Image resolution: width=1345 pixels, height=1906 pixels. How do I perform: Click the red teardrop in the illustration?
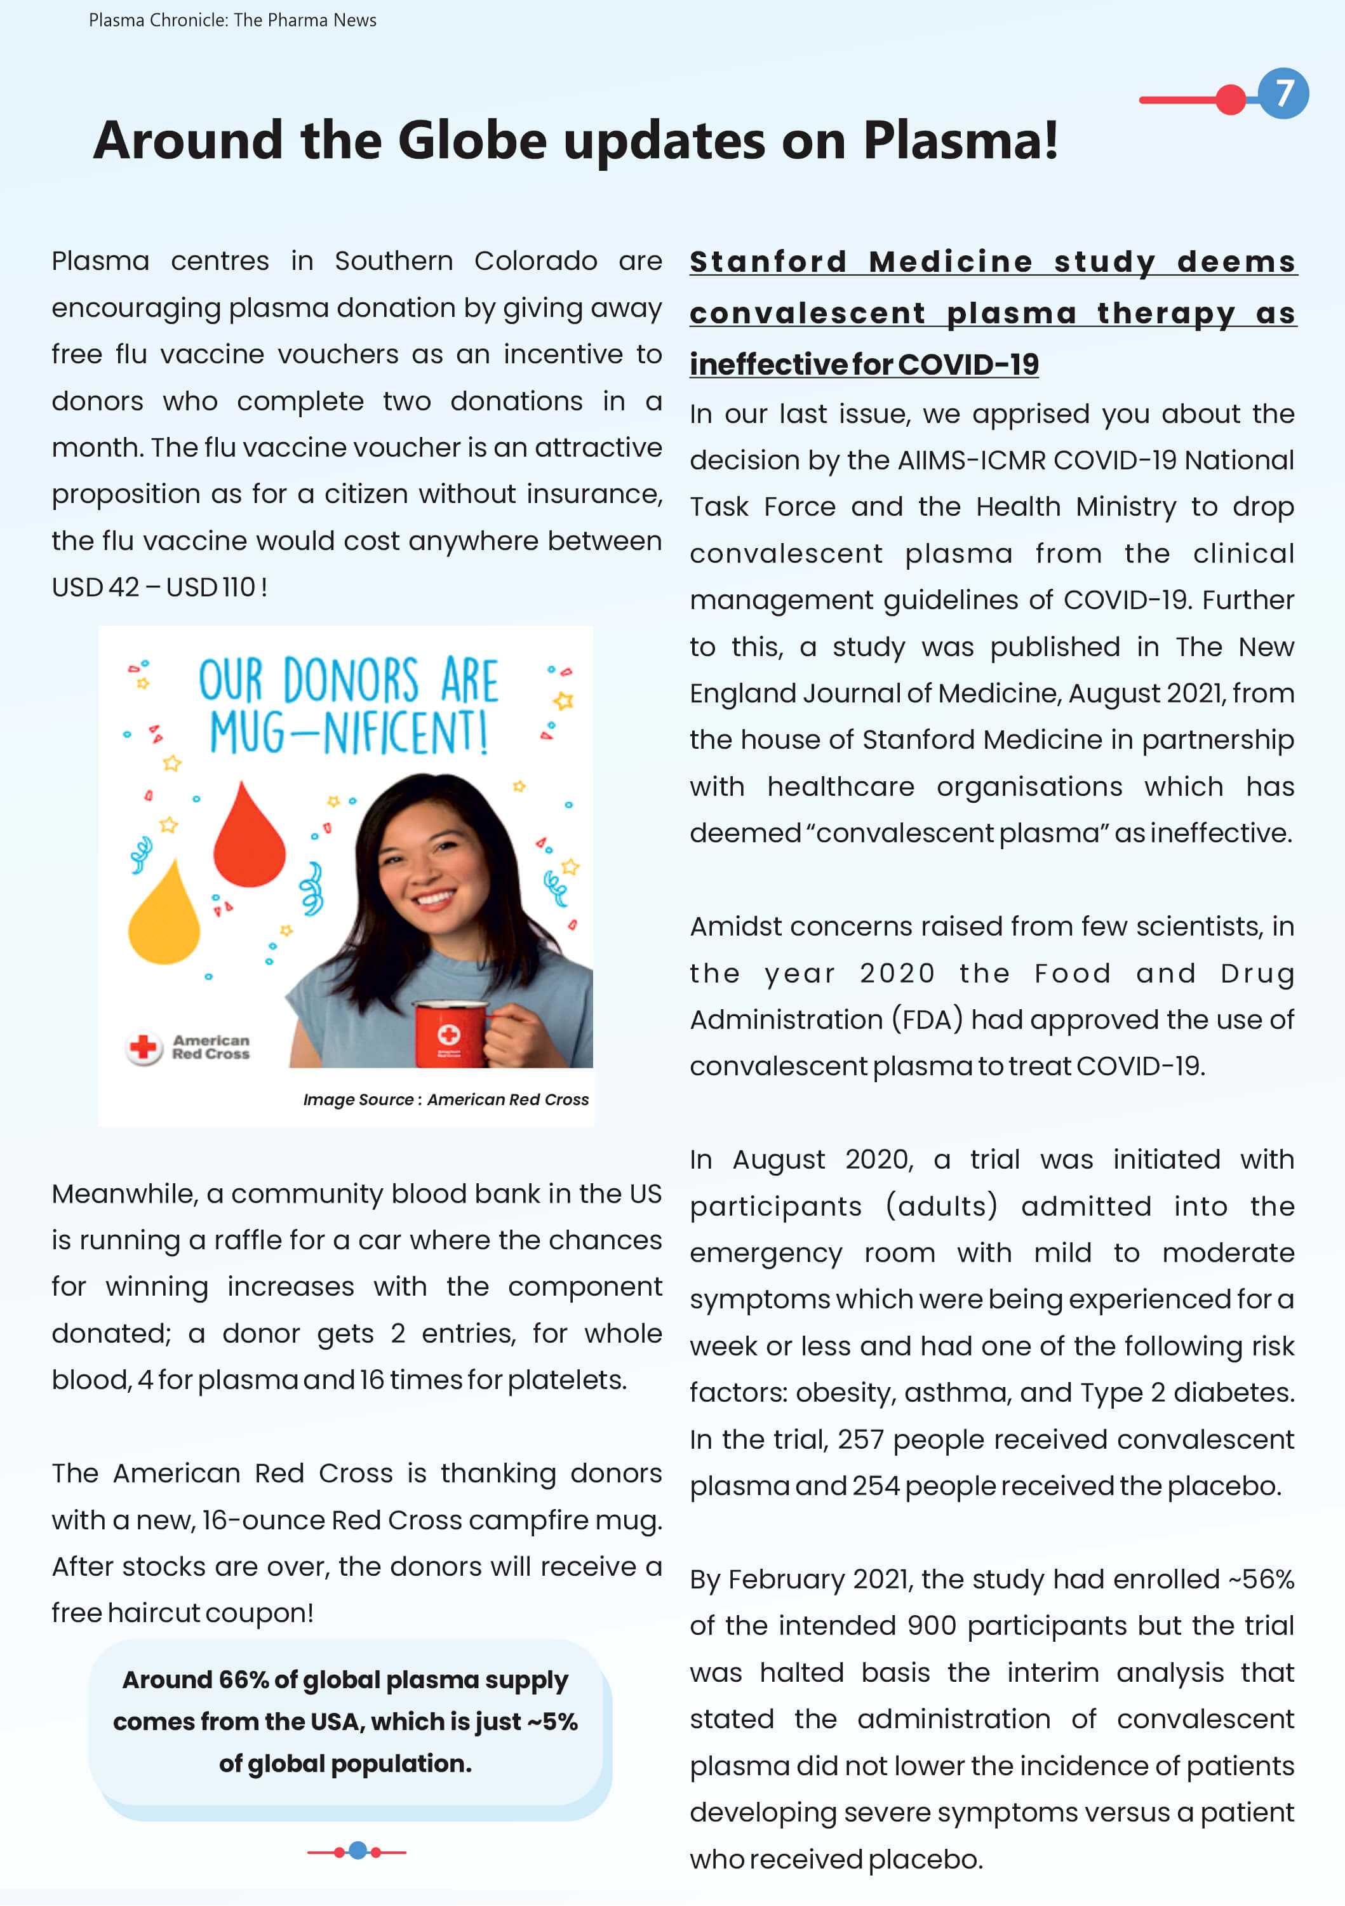(248, 838)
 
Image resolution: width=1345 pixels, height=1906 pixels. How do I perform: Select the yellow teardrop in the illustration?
(164, 916)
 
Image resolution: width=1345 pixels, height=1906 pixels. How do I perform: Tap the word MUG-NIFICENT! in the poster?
(348, 732)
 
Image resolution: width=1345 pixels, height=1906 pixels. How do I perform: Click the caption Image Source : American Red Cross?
(446, 1099)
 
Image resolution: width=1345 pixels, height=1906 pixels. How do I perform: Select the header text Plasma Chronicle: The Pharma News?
(232, 20)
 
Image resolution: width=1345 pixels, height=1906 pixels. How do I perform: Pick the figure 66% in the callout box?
(243, 1679)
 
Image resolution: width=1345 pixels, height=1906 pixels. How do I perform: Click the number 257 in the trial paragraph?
(860, 1439)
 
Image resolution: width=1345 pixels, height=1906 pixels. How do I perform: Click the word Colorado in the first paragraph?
(535, 260)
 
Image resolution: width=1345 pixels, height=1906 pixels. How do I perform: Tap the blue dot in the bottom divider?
(358, 1849)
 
